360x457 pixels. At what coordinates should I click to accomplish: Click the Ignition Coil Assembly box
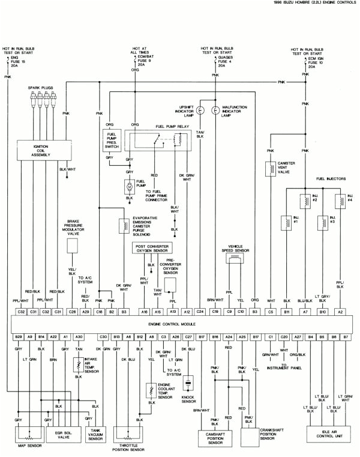click(41, 150)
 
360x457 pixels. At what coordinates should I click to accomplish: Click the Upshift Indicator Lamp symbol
click(200, 110)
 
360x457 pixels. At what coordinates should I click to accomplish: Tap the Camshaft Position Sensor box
click(215, 437)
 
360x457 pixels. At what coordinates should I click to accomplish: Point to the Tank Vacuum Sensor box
click(95, 434)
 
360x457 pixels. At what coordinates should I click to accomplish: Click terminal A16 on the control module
click(145, 312)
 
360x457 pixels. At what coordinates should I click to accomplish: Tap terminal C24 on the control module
click(200, 312)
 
